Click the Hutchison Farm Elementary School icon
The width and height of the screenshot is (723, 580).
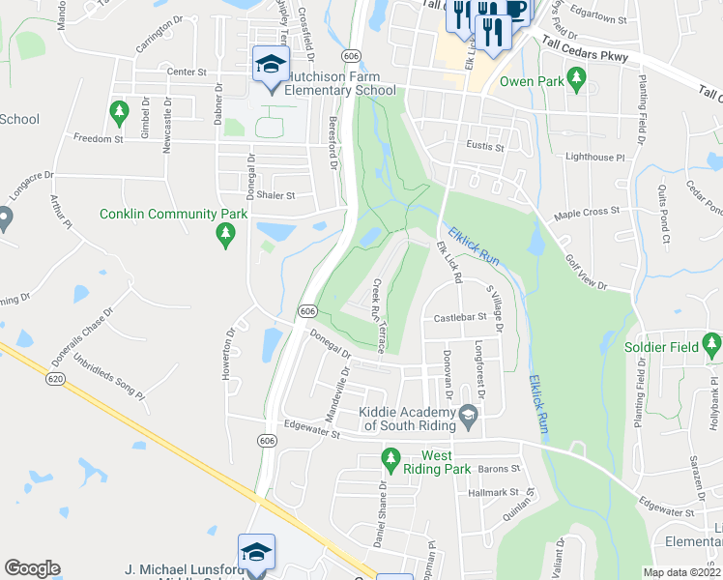coord(271,66)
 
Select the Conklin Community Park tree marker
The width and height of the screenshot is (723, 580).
coord(226,233)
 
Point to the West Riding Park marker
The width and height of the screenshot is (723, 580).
coord(390,457)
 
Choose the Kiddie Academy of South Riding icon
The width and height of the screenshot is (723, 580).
coord(469,417)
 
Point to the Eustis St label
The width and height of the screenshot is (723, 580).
coord(486,147)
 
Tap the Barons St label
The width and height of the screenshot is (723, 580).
coord(500,469)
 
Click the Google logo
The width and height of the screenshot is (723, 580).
coord(32,568)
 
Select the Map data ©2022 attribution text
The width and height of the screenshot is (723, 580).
coord(681,573)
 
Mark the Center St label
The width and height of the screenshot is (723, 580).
coord(188,72)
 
